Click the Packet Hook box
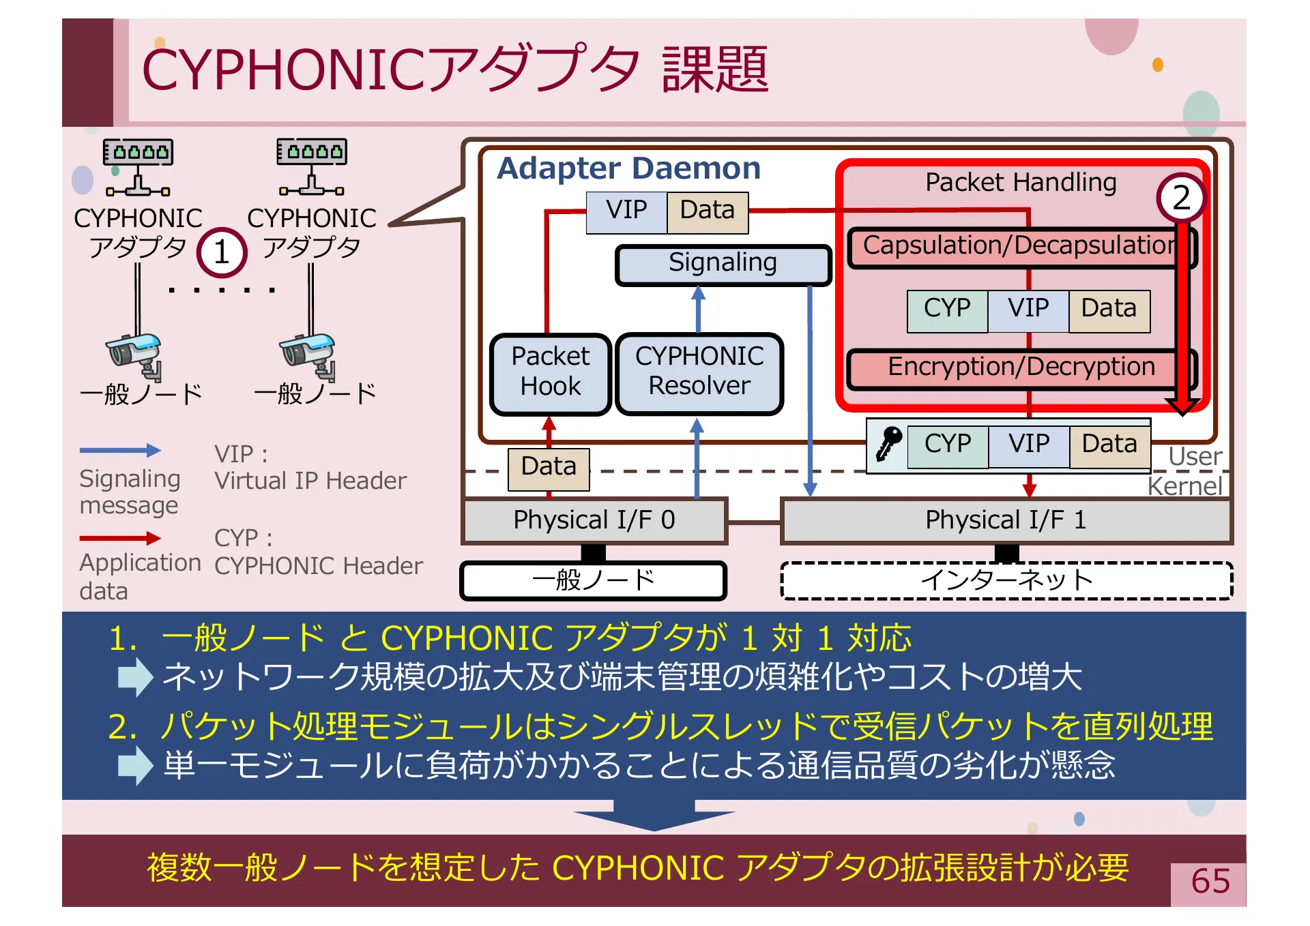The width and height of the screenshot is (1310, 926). click(x=550, y=373)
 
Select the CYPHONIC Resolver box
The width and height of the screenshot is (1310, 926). click(x=699, y=373)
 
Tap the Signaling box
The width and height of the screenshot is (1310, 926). click(x=723, y=264)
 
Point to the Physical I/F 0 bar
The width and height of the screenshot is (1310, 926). click(x=594, y=521)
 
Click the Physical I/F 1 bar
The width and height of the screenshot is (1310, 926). click(x=1005, y=521)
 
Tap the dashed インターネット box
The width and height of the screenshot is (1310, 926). click(x=1006, y=580)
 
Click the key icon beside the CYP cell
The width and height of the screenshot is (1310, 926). click(x=888, y=443)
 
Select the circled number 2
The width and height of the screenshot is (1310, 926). click(x=1181, y=198)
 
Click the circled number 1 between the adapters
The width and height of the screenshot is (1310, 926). click(x=221, y=253)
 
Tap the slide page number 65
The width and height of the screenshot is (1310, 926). click(x=1210, y=882)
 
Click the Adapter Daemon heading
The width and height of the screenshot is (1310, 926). click(x=628, y=168)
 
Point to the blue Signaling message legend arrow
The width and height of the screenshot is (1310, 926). click(x=120, y=450)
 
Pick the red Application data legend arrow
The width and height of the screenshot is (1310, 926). click(x=120, y=539)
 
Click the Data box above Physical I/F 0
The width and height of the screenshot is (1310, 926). click(x=549, y=468)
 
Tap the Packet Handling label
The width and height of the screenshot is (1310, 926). click(x=1020, y=183)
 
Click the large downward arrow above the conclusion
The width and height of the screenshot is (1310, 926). click(x=654, y=816)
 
